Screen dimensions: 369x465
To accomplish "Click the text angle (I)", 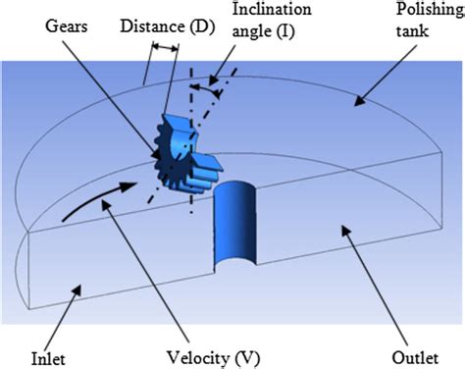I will point(262,38).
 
